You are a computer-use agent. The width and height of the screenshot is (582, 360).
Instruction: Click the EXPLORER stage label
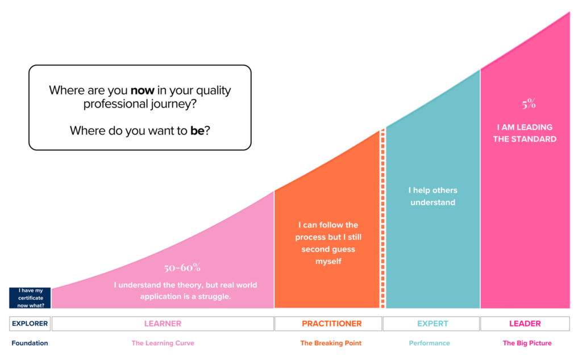pos(30,324)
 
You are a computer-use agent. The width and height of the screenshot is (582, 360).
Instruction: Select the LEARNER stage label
pos(163,324)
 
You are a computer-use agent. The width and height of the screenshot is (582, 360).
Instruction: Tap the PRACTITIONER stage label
pos(331,324)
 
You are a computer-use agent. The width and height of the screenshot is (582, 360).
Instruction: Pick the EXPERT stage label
pos(433,324)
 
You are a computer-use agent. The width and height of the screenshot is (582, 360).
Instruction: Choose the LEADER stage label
pos(525,324)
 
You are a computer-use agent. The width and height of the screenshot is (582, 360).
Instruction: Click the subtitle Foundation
pos(30,343)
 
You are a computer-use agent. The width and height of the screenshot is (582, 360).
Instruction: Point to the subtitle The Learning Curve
pos(163,343)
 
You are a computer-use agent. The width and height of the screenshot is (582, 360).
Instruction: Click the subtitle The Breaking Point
pos(331,343)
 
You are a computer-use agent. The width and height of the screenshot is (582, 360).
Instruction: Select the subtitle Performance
pos(430,343)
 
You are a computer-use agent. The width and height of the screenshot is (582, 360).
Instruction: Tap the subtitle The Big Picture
pos(527,343)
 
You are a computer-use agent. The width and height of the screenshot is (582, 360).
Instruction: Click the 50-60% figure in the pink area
pos(182,267)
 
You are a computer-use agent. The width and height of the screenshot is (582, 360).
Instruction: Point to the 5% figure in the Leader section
pos(529,104)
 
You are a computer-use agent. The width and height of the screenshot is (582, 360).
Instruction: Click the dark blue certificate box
pos(30,297)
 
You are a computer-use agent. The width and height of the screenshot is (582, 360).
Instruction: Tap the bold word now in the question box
pos(143,90)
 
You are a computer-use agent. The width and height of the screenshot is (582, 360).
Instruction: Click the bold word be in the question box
pos(197,130)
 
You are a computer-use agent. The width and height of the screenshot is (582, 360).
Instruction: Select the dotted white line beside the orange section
pos(383,218)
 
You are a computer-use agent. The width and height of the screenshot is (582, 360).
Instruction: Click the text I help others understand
pos(433,196)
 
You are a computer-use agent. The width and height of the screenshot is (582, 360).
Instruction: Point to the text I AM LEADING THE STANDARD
pos(525,133)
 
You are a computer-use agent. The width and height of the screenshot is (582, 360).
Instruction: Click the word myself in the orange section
pos(328,262)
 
